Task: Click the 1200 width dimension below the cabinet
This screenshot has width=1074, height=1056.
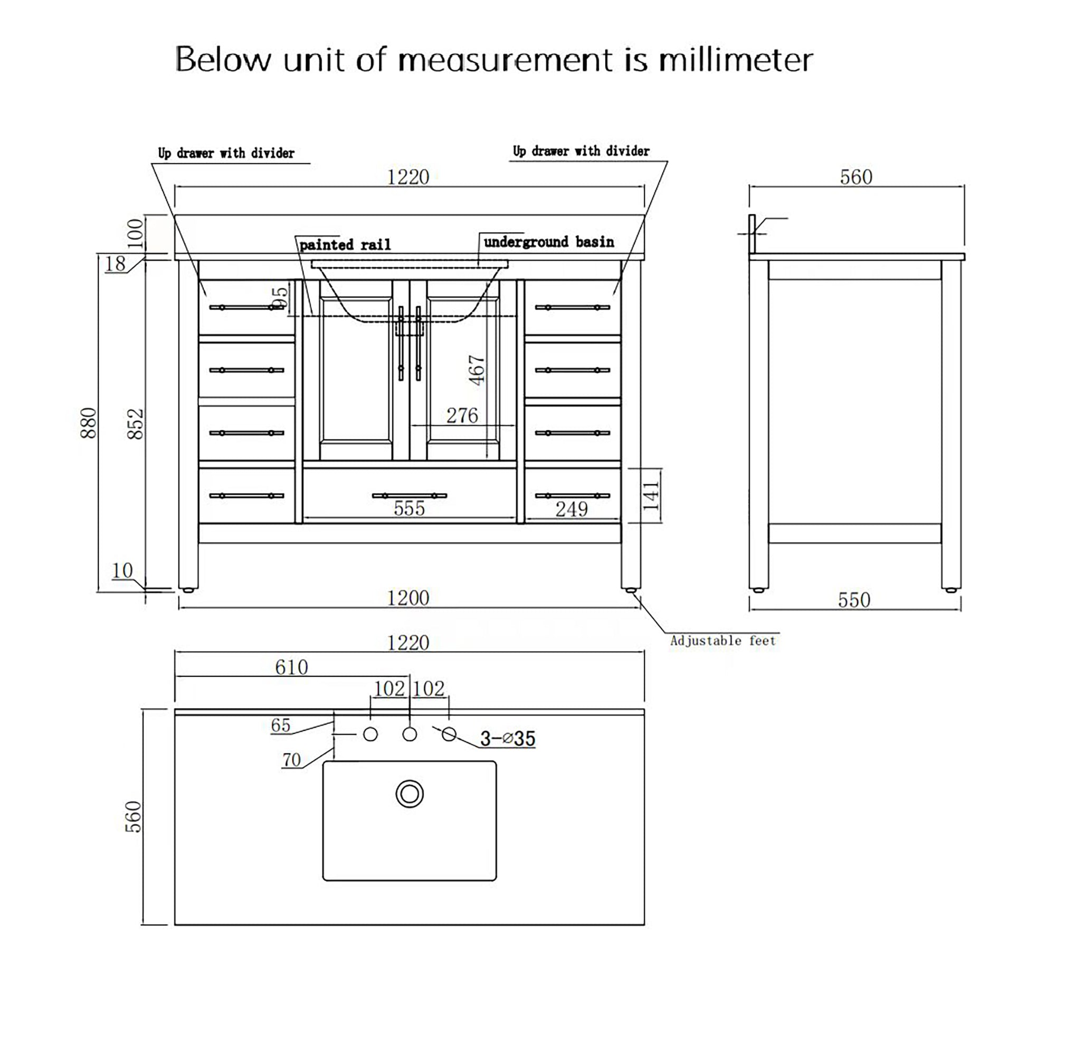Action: tap(407, 598)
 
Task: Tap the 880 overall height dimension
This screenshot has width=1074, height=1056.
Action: tap(89, 422)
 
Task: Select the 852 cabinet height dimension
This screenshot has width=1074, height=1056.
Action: tap(136, 425)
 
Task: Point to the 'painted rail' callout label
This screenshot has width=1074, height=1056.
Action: tap(345, 244)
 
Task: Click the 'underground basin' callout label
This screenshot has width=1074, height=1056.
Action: tap(549, 242)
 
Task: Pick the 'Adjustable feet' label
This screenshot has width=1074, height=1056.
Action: tap(723, 640)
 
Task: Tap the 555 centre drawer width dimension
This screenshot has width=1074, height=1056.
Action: tap(409, 508)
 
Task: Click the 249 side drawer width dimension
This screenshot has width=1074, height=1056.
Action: tap(572, 509)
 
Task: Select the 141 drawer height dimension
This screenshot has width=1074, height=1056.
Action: tap(651, 495)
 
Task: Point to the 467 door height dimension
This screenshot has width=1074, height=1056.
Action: tap(477, 370)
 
